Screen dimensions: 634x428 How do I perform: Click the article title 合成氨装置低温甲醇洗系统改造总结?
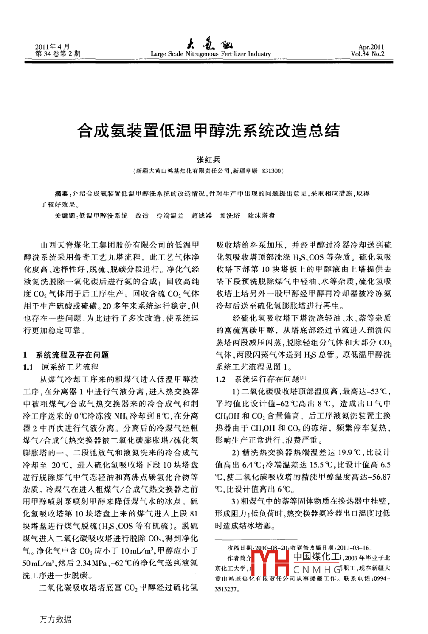tap(208, 131)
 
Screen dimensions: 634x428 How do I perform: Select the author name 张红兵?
tap(208, 160)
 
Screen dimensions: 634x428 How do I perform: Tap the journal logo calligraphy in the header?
tap(210, 44)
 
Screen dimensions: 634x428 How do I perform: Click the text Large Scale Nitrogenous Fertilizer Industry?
tap(210, 54)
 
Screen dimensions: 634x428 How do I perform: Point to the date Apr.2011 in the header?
tap(371, 47)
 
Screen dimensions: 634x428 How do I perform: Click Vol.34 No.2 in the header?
tap(367, 54)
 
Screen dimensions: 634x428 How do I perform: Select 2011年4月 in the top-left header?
tap(53, 46)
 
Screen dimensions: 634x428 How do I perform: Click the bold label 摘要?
tap(61, 194)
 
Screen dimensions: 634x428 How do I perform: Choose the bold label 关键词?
tap(65, 216)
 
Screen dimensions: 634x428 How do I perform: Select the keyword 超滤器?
tap(202, 216)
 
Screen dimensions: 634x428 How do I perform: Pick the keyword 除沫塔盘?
tap(261, 216)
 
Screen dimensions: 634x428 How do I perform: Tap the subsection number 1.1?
tap(28, 367)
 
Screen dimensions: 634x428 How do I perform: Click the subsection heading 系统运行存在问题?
tap(267, 379)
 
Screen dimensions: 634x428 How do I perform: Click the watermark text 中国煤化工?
tap(317, 557)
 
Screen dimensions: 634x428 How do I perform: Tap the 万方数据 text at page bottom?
tap(56, 619)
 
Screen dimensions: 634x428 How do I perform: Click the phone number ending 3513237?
tap(226, 589)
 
